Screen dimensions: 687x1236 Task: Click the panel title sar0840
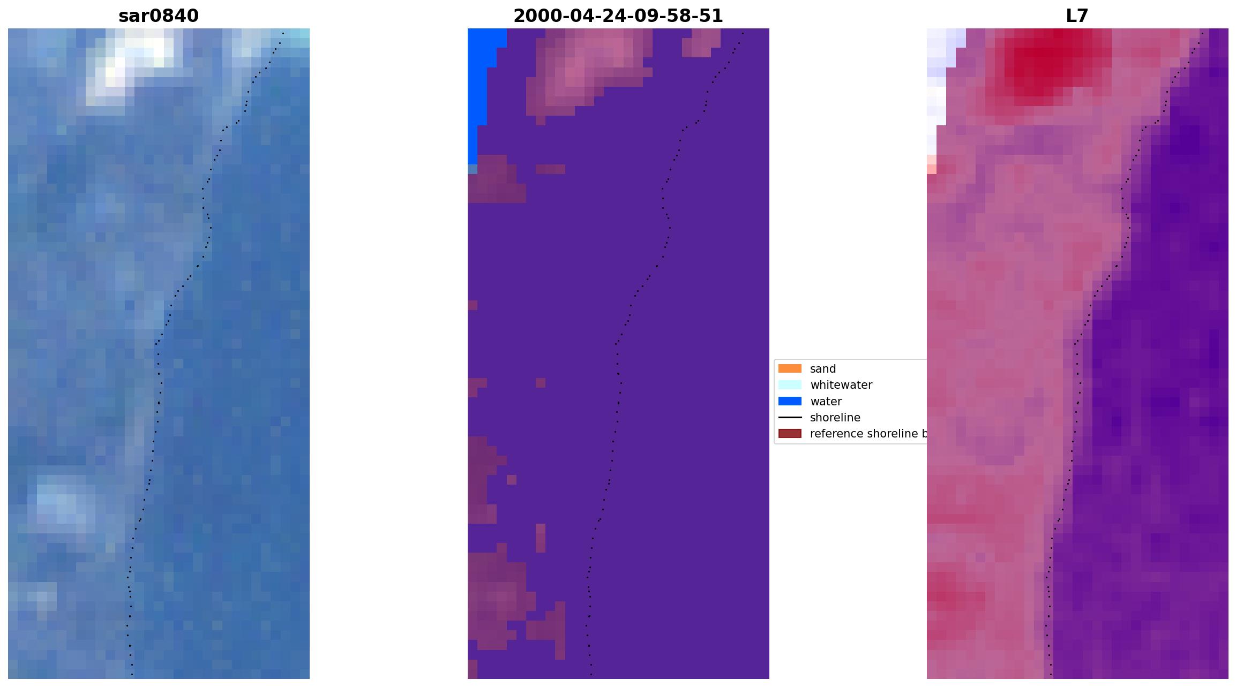point(159,16)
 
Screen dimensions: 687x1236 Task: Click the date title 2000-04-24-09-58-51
point(618,16)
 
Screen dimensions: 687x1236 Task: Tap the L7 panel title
point(1077,16)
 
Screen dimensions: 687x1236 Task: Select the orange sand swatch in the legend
point(790,368)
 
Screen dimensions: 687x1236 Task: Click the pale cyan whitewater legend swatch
point(790,384)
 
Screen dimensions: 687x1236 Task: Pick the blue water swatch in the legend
point(790,401)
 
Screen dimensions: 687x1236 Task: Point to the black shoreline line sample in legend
point(790,417)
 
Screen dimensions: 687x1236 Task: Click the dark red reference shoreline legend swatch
point(790,433)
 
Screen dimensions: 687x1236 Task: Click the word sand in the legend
point(822,369)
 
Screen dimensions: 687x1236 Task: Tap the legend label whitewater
point(841,385)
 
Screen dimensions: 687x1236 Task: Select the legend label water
point(826,402)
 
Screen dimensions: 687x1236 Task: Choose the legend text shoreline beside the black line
point(835,418)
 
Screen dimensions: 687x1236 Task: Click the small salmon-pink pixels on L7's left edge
point(932,164)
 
